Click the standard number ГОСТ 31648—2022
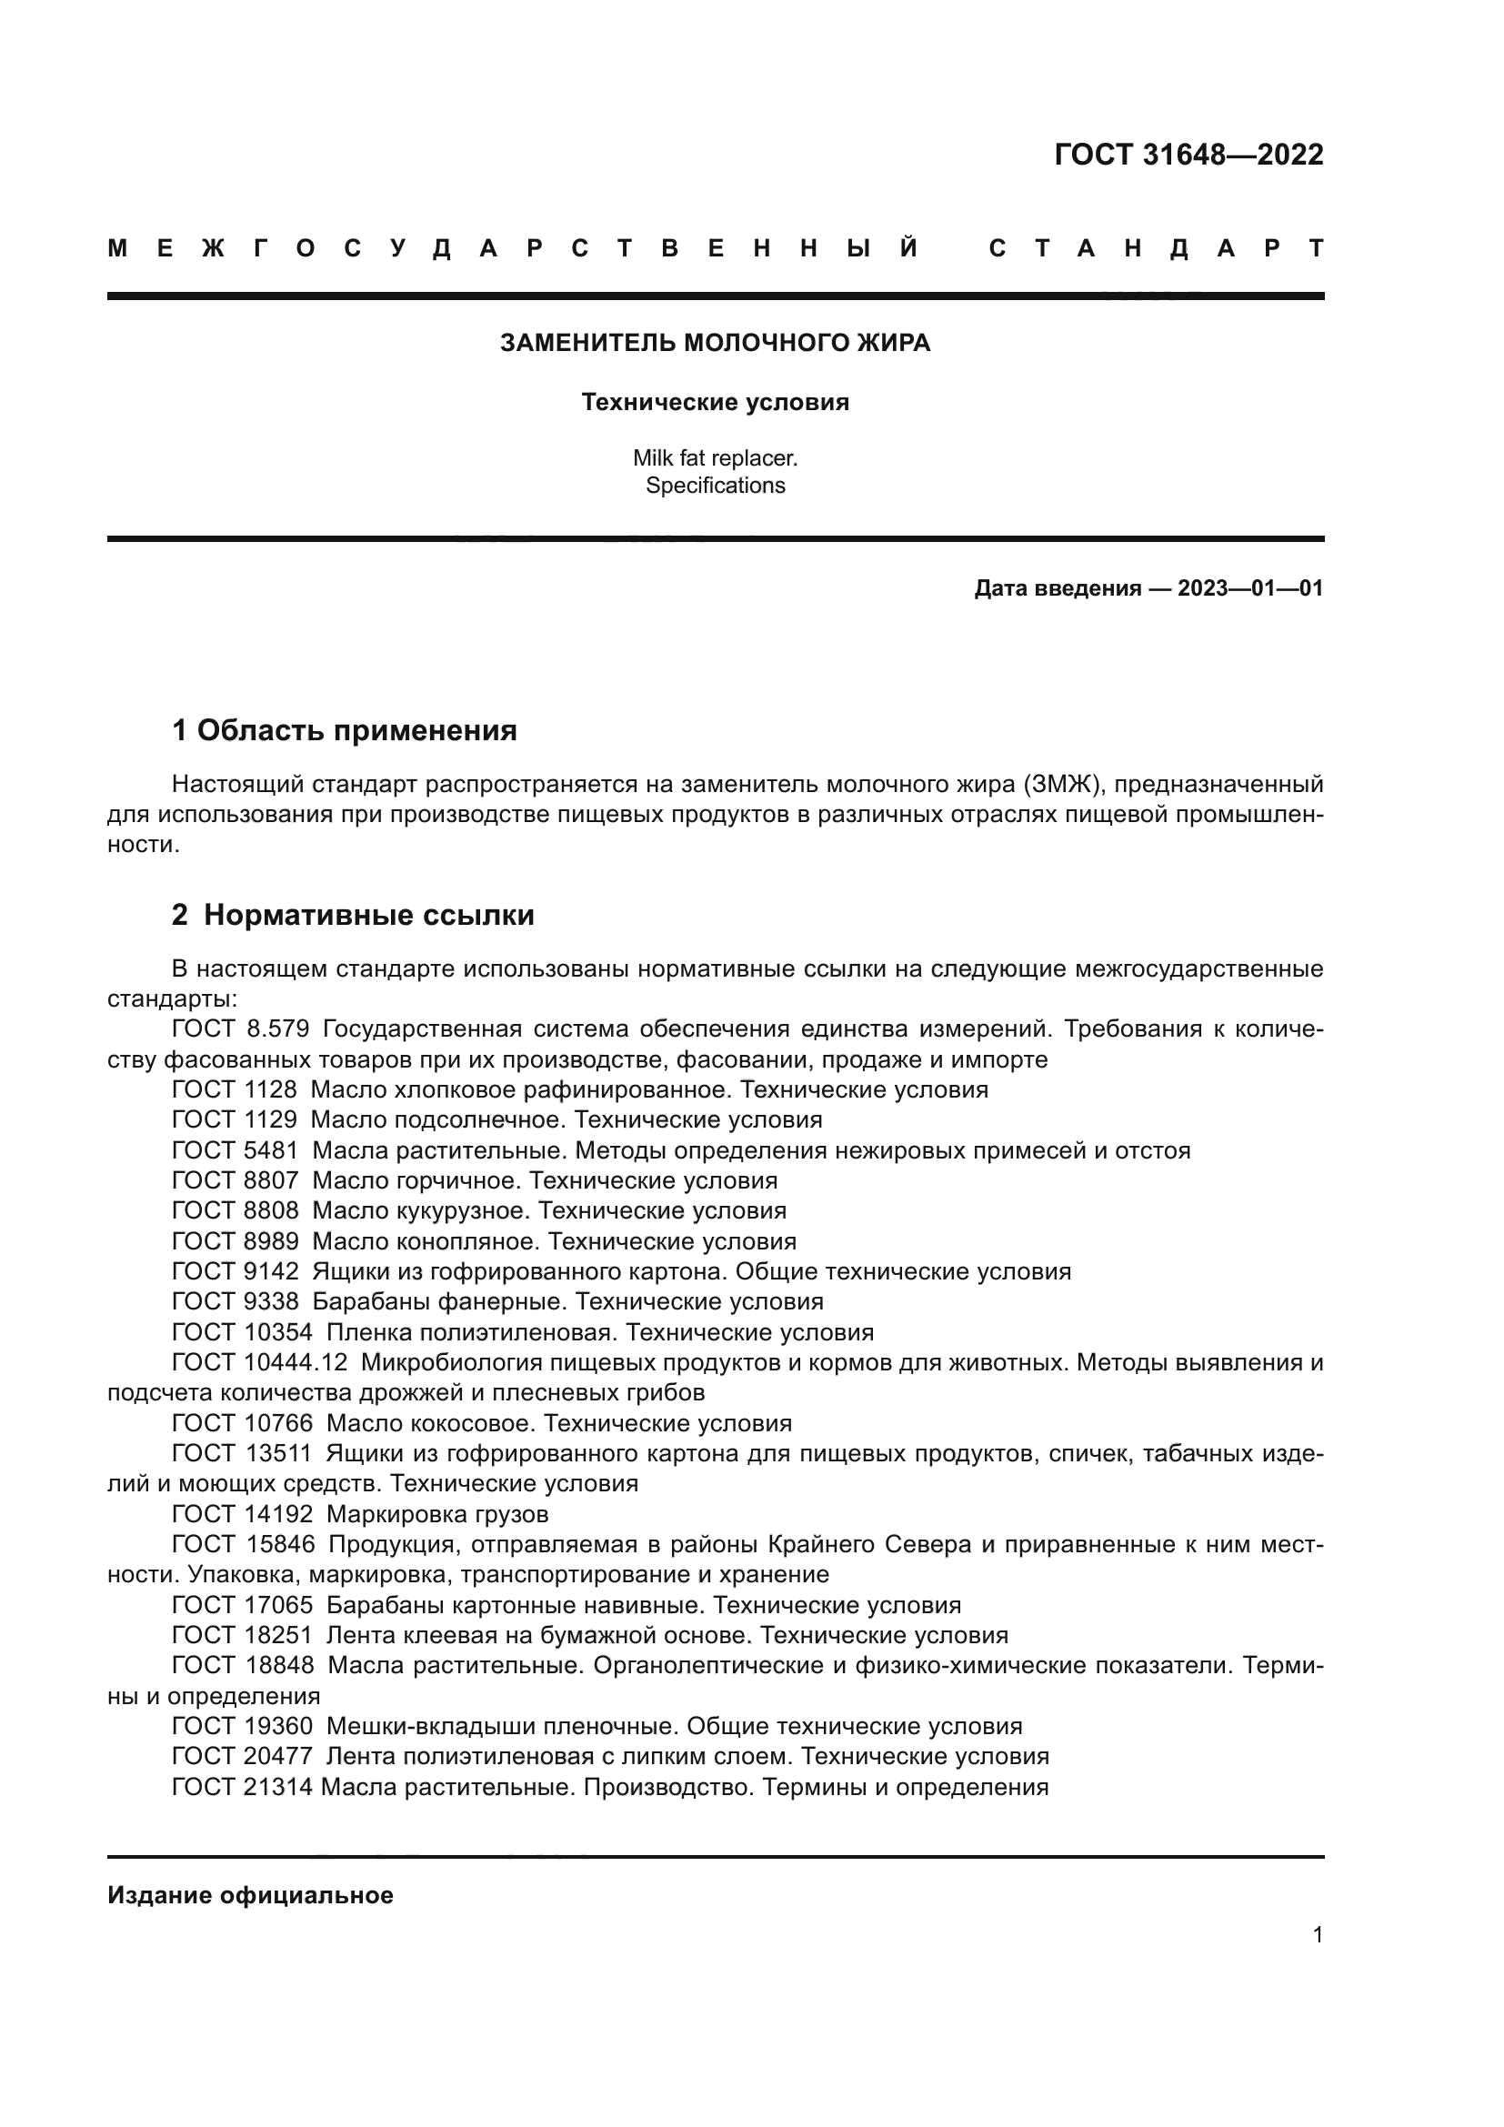(x=1188, y=154)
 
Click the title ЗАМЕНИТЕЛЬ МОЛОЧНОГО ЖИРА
(x=715, y=343)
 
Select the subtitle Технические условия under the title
(x=715, y=402)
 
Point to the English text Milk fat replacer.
(x=715, y=457)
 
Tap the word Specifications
(x=715, y=486)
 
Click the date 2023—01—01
(x=1249, y=588)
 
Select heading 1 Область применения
(x=345, y=730)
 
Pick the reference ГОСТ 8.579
(x=240, y=1028)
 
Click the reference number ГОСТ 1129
(x=235, y=1119)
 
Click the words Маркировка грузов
(x=437, y=1514)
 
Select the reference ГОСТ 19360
(x=243, y=1726)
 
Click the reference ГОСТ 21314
(x=243, y=1787)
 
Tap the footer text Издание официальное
(x=250, y=1895)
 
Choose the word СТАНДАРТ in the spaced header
(x=1156, y=248)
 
